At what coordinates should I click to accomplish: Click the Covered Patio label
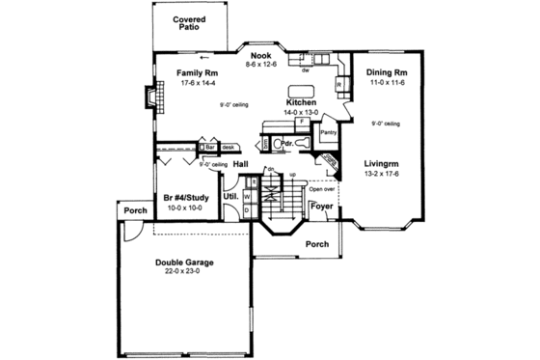pos(193,24)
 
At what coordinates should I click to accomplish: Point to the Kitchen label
pos(302,101)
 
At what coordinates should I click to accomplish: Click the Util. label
pos(231,197)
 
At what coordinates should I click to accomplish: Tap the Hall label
pos(242,165)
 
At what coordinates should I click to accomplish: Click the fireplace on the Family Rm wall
pos(146,99)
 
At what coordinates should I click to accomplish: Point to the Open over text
pos(321,189)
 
